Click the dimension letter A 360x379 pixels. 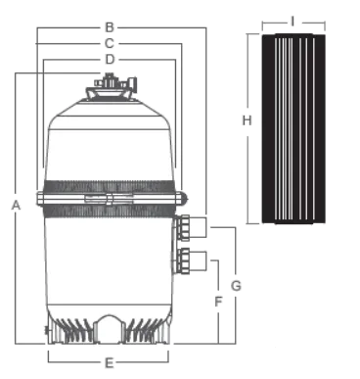click(x=16, y=206)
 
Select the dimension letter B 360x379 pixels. click(x=110, y=27)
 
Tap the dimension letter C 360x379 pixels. click(x=110, y=43)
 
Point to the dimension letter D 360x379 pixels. click(x=110, y=60)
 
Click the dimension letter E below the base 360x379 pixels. click(x=110, y=363)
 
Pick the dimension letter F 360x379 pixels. click(x=218, y=302)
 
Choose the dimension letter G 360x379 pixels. click(x=236, y=286)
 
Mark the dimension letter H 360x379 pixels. click(x=247, y=120)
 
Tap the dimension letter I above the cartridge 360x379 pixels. click(x=292, y=22)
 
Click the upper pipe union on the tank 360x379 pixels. click(x=183, y=227)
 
